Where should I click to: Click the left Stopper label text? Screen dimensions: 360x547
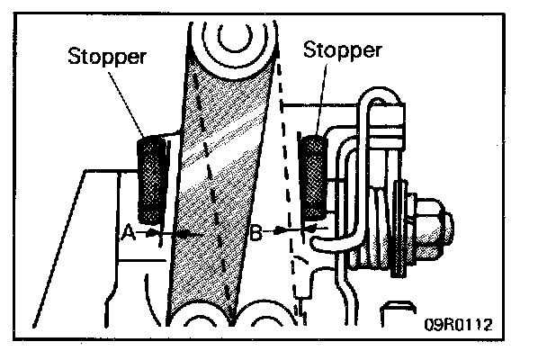click(105, 56)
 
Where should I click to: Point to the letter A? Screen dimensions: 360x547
click(128, 232)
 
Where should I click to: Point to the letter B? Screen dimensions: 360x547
click(256, 233)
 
